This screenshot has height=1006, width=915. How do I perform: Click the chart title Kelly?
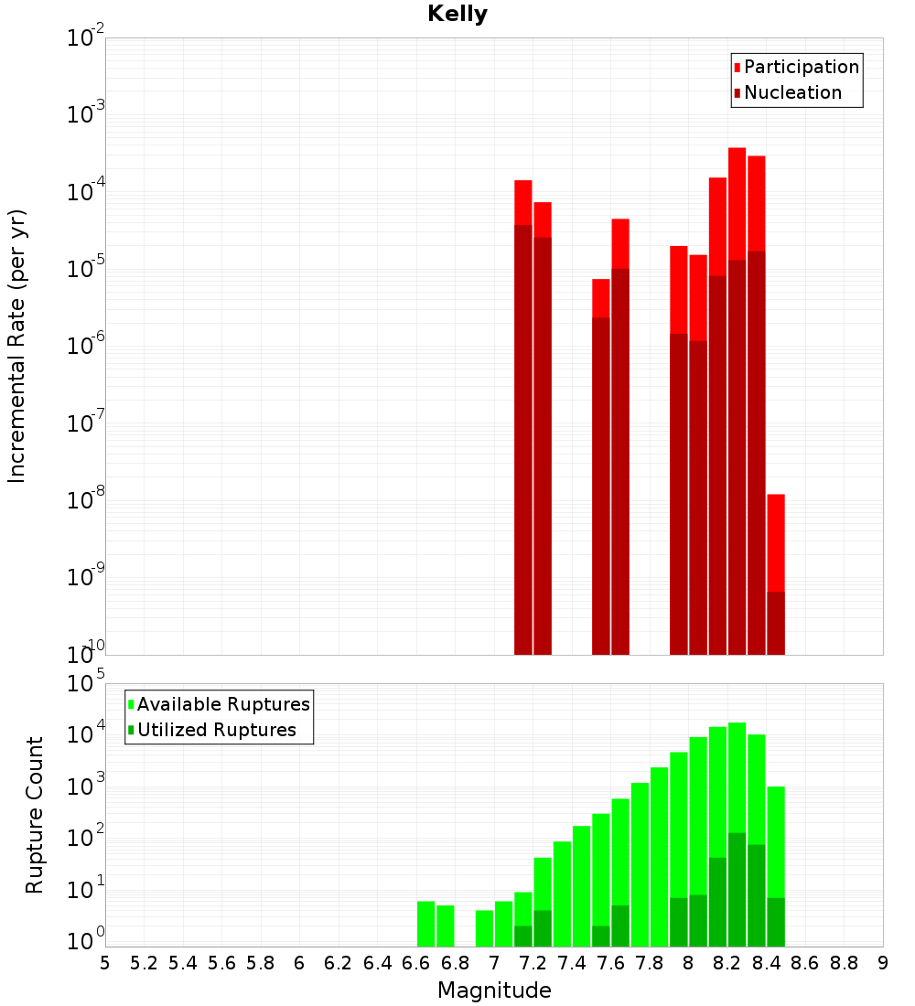(x=457, y=15)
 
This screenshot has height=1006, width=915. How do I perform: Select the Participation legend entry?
(x=802, y=67)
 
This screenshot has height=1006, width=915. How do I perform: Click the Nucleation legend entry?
(x=792, y=92)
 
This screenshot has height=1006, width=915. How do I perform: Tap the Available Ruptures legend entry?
(x=223, y=704)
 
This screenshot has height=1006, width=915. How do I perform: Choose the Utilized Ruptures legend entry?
(x=216, y=730)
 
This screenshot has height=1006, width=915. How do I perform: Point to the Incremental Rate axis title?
(x=17, y=346)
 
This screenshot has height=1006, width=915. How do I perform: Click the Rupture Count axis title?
(x=35, y=814)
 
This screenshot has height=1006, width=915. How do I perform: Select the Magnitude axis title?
(x=494, y=990)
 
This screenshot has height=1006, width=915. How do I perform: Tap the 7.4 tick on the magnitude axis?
(x=572, y=962)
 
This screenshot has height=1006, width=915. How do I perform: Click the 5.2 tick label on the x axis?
(x=145, y=962)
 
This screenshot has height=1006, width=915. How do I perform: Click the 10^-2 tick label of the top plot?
(x=84, y=38)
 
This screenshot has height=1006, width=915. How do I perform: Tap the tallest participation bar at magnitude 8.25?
(x=737, y=201)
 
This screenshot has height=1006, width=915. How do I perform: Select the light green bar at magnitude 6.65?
(x=426, y=924)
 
